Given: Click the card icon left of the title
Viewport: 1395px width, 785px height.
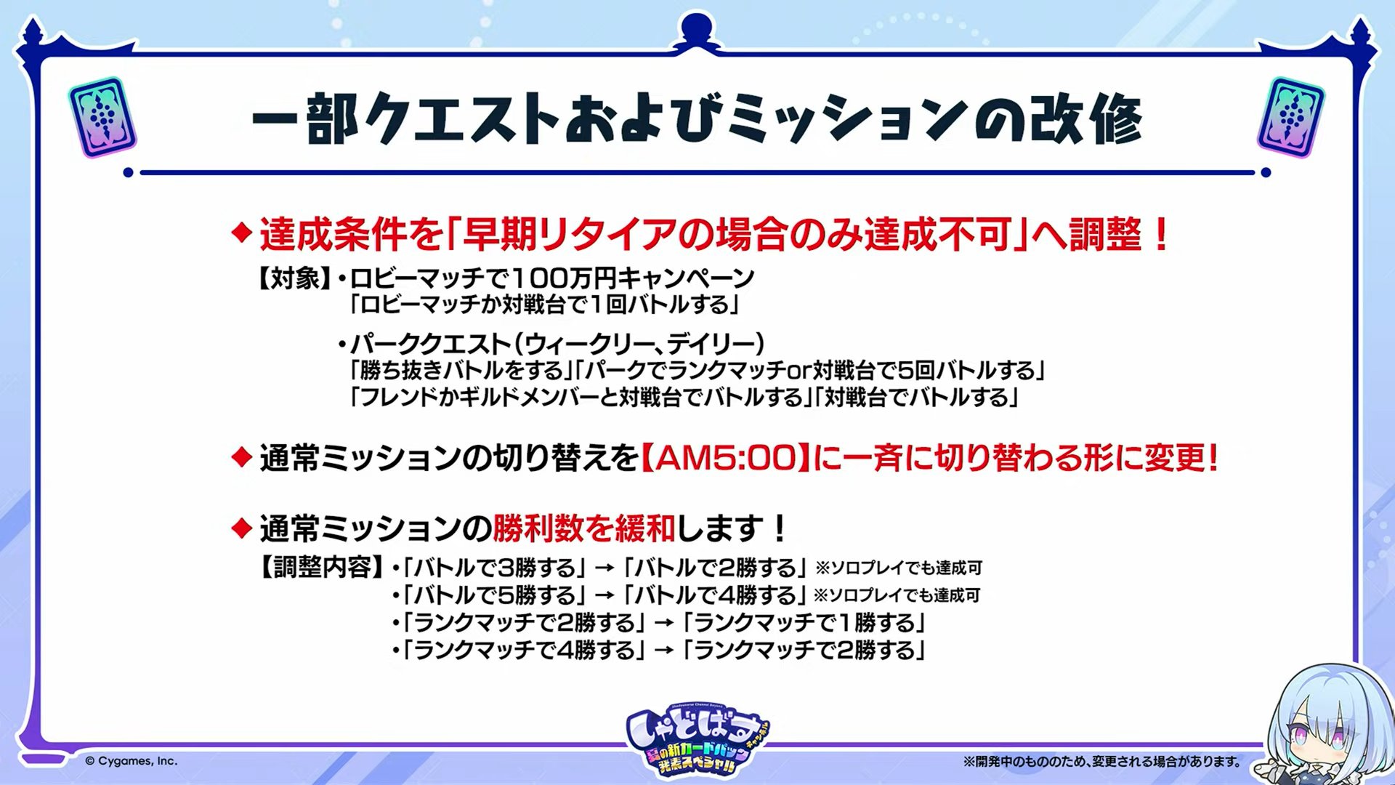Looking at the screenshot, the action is (102, 117).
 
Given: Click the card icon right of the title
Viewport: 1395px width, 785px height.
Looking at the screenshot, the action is (1291, 117).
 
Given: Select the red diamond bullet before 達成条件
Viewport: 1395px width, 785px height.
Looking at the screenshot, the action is (240, 234).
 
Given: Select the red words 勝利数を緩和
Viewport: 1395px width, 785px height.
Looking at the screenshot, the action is (583, 528).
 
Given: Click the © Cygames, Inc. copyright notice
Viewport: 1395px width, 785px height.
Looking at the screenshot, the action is (131, 761).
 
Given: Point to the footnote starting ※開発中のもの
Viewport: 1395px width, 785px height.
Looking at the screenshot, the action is (1102, 762).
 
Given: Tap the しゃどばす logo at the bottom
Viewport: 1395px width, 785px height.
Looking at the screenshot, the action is (697, 739).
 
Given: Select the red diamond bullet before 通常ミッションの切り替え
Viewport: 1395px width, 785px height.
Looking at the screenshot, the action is (240, 458).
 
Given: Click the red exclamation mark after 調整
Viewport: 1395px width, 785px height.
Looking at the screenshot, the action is (1160, 234).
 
